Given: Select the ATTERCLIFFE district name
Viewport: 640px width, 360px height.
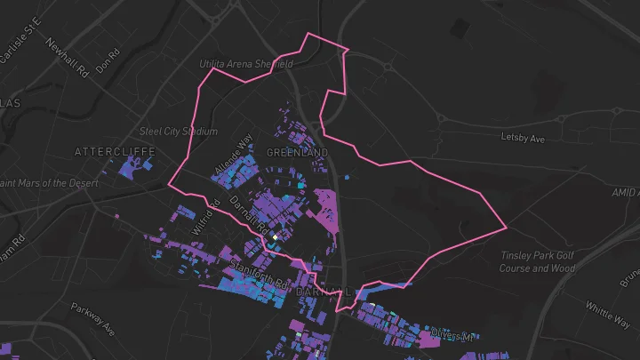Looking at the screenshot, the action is (116, 152).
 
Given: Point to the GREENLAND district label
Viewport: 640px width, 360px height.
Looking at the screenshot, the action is (297, 153).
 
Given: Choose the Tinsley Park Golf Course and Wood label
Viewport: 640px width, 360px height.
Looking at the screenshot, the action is (537, 262).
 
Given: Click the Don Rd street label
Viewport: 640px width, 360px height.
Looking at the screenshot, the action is (107, 61).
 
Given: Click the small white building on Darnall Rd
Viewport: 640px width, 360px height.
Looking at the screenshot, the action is (276, 237).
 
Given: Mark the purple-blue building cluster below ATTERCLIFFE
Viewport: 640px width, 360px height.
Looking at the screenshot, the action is (133, 168).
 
